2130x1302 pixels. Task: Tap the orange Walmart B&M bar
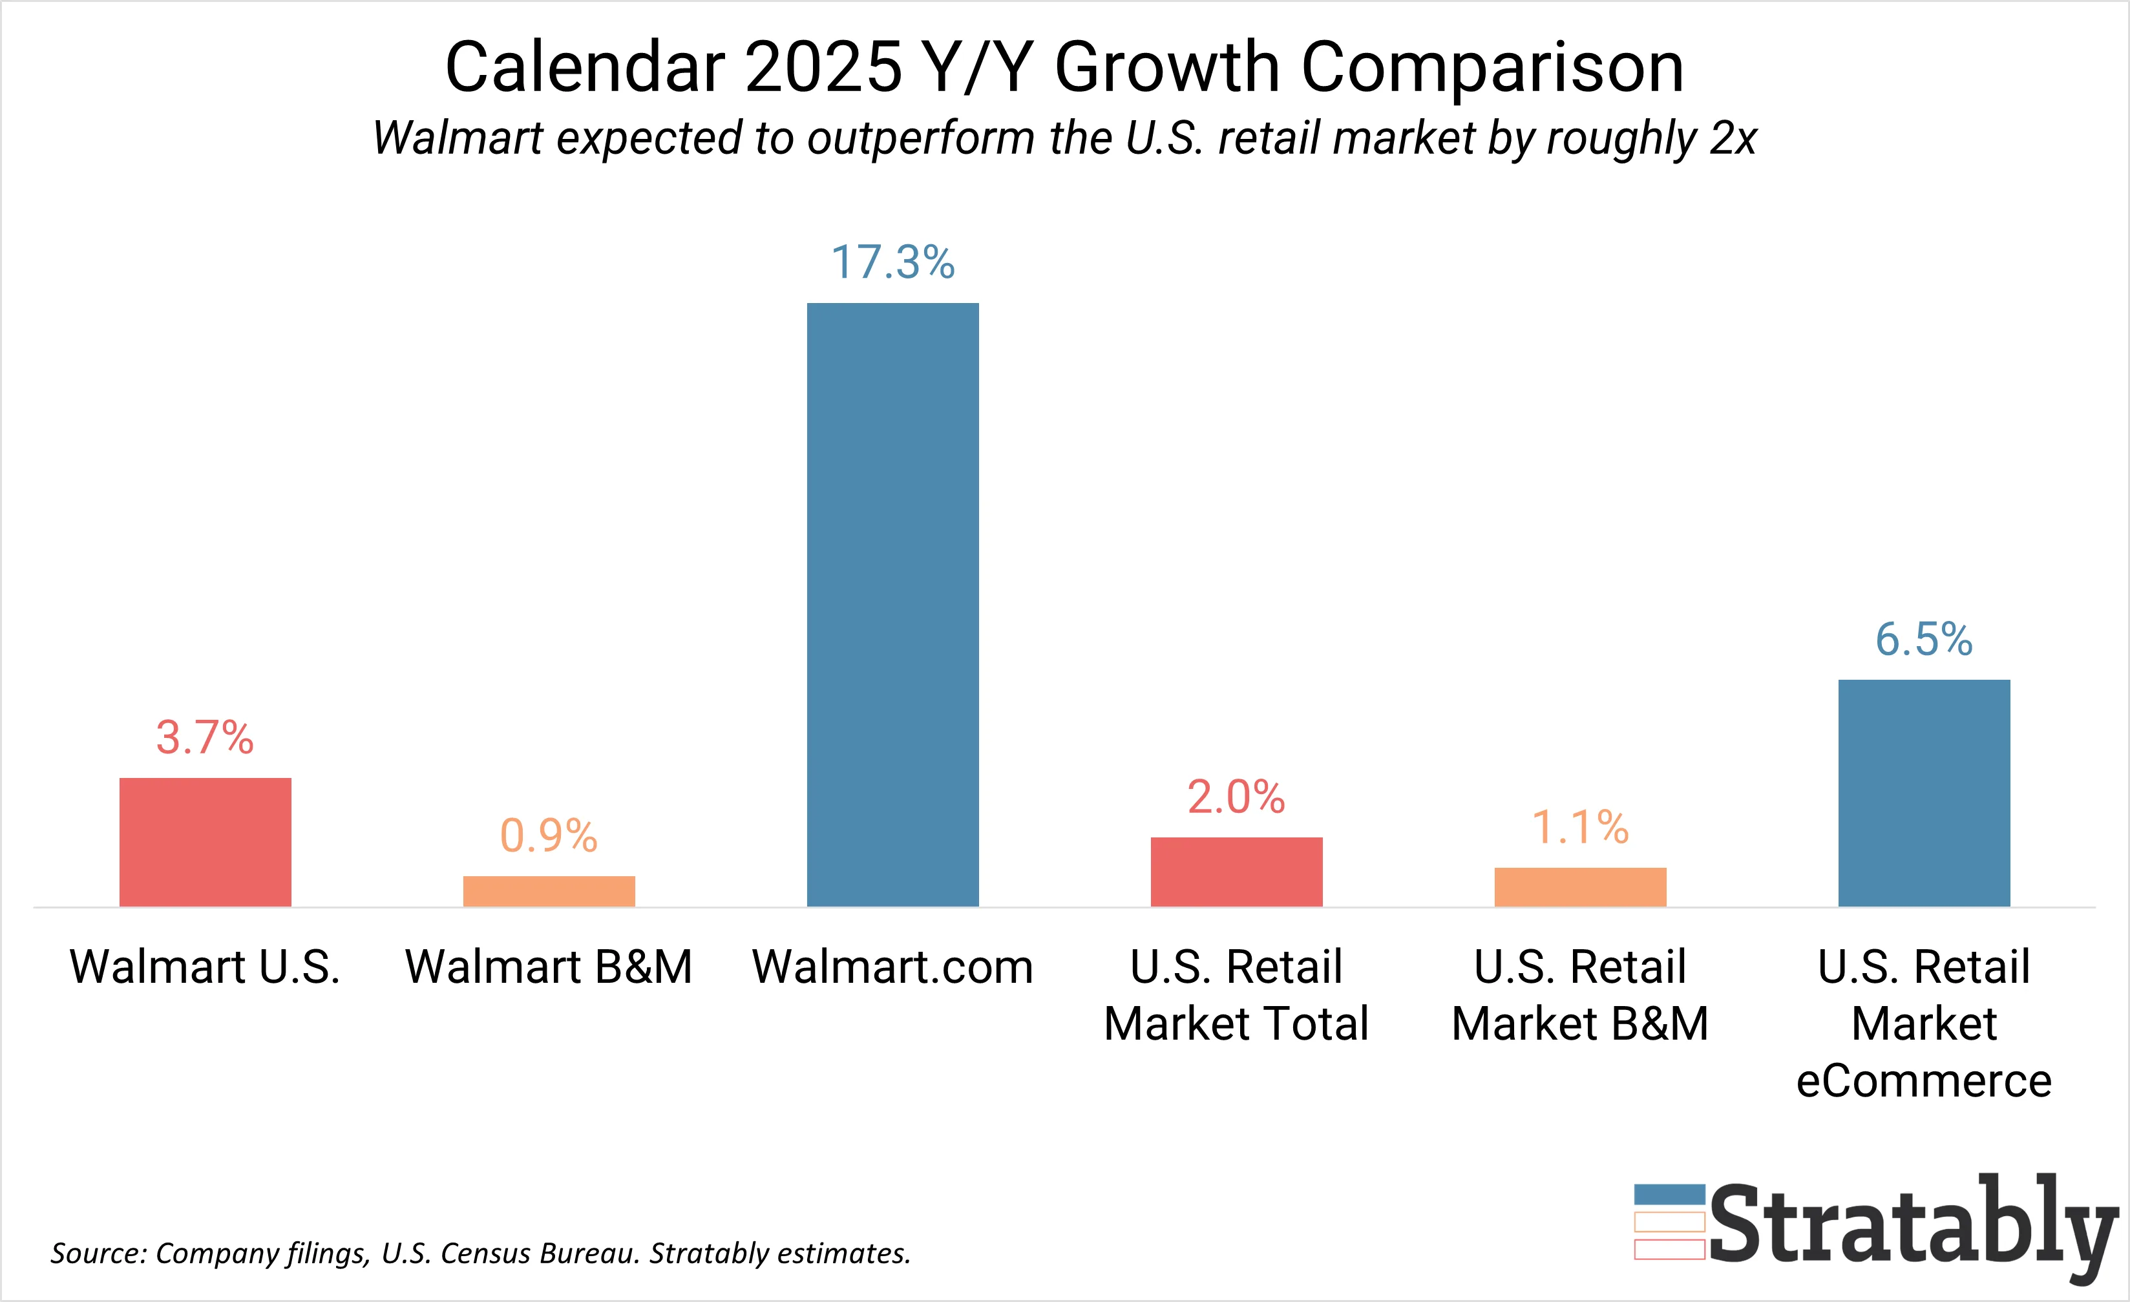pyautogui.click(x=549, y=891)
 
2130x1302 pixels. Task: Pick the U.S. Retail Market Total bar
pyautogui.click(x=1236, y=872)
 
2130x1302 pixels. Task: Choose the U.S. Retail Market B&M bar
pyautogui.click(x=1580, y=887)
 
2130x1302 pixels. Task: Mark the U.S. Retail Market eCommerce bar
pyautogui.click(x=1924, y=793)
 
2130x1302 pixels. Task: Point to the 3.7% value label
pyautogui.click(x=205, y=737)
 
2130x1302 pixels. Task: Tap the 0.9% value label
pyautogui.click(x=549, y=836)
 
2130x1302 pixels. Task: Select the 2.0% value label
pyautogui.click(x=1236, y=796)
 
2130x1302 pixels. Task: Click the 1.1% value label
pyautogui.click(x=1580, y=827)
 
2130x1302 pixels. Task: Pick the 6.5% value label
pyautogui.click(x=1924, y=640)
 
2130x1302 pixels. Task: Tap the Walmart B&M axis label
pyautogui.click(x=549, y=967)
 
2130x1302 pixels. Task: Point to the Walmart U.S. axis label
pyautogui.click(x=205, y=967)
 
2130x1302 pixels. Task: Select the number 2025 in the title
pyautogui.click(x=823, y=67)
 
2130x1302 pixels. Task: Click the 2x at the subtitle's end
pyautogui.click(x=1733, y=138)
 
